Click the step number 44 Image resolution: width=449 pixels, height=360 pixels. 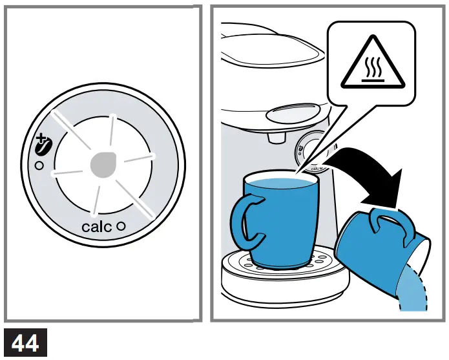25,343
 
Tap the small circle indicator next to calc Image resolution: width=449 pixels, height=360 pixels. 120,227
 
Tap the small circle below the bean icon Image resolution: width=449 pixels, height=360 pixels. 39,166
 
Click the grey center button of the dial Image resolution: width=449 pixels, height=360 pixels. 103,165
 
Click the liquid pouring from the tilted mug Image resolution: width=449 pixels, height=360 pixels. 413,294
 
